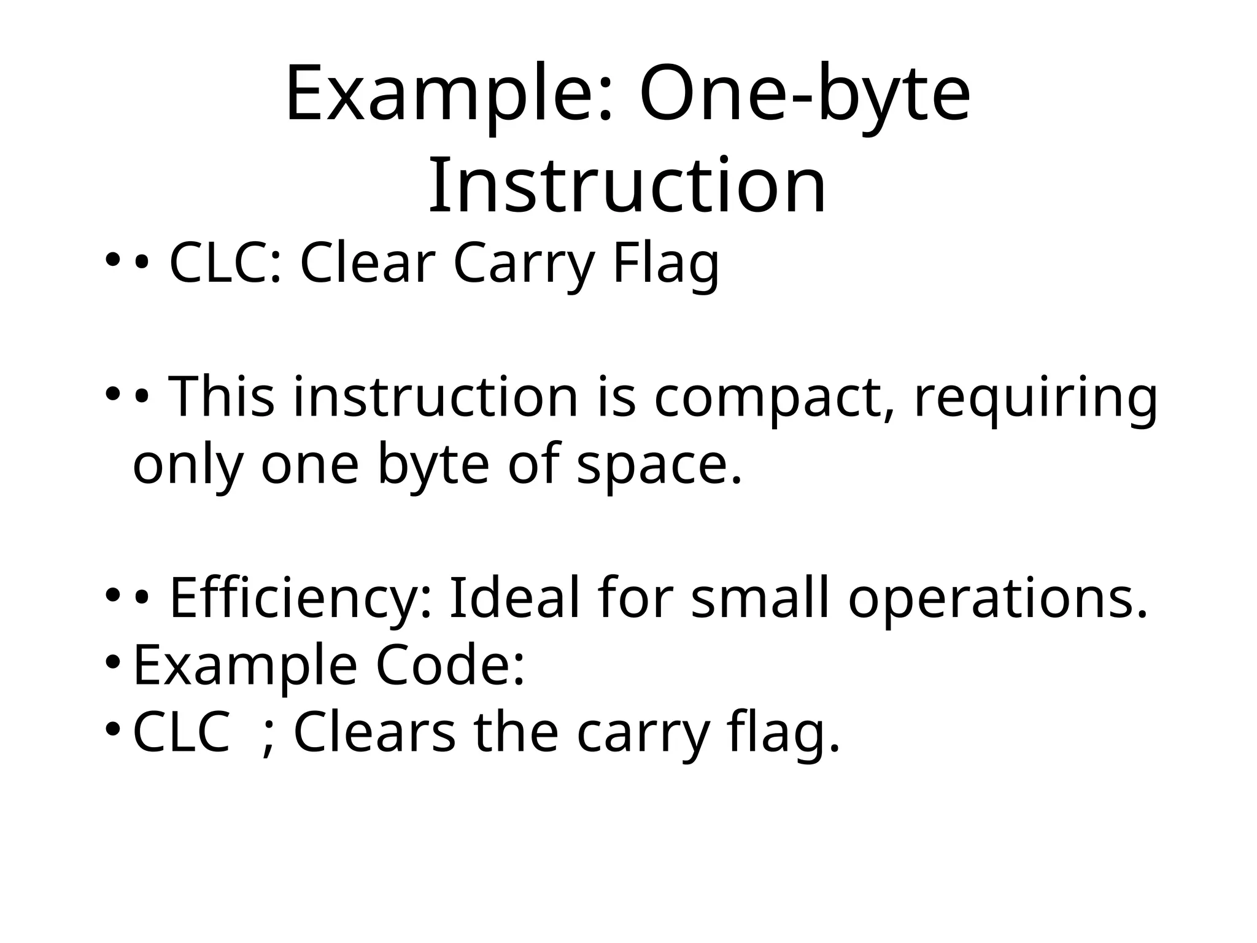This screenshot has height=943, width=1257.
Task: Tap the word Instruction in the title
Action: (x=627, y=185)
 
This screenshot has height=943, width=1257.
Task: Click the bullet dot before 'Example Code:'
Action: (x=112, y=662)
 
